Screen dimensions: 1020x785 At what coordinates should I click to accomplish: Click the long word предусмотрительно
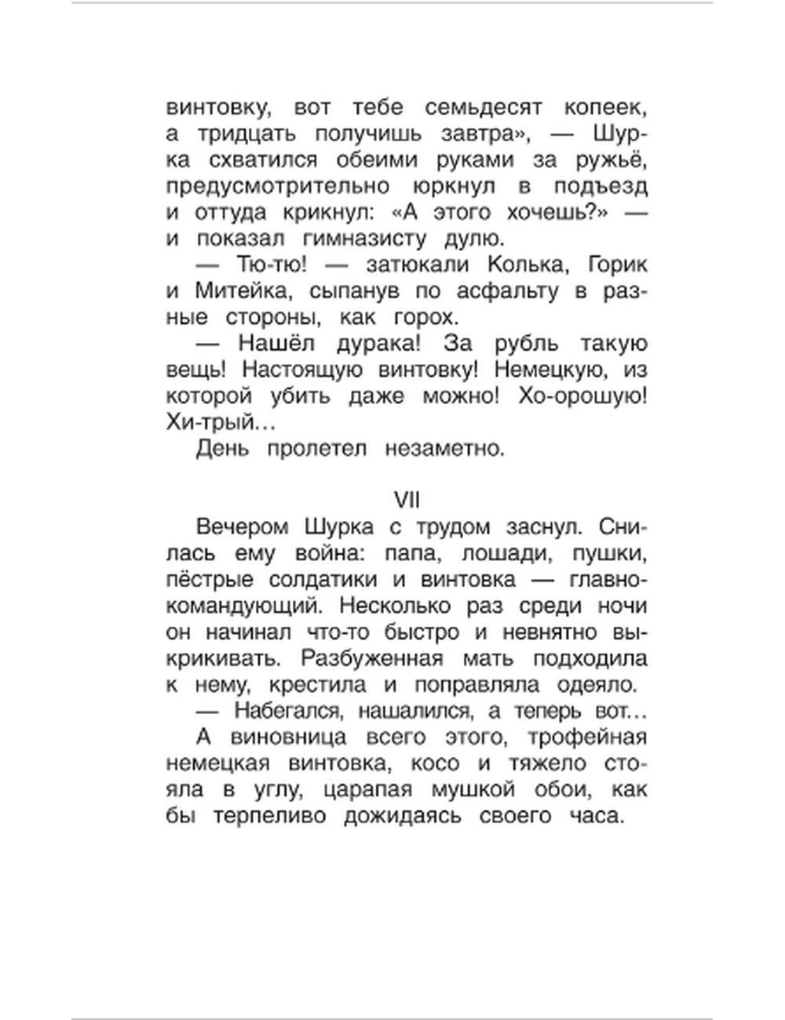click(279, 187)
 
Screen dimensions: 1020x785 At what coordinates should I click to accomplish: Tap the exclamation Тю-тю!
click(274, 264)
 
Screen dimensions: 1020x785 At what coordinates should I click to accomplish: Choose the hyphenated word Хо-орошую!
click(582, 396)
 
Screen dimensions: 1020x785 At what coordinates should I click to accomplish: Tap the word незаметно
click(443, 449)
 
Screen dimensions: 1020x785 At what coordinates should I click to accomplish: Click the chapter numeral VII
click(407, 500)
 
